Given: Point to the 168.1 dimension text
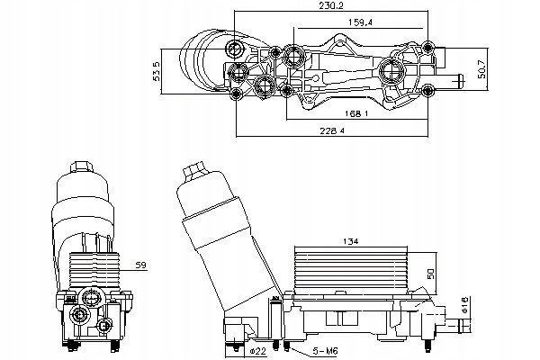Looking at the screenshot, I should pyautogui.click(x=354, y=114).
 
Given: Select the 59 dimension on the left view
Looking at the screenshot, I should pyautogui.click(x=141, y=265).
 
